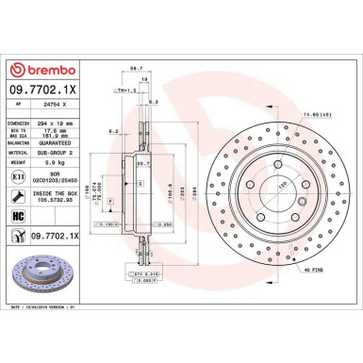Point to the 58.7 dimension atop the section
(135, 69)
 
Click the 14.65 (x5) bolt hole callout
(315, 116)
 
